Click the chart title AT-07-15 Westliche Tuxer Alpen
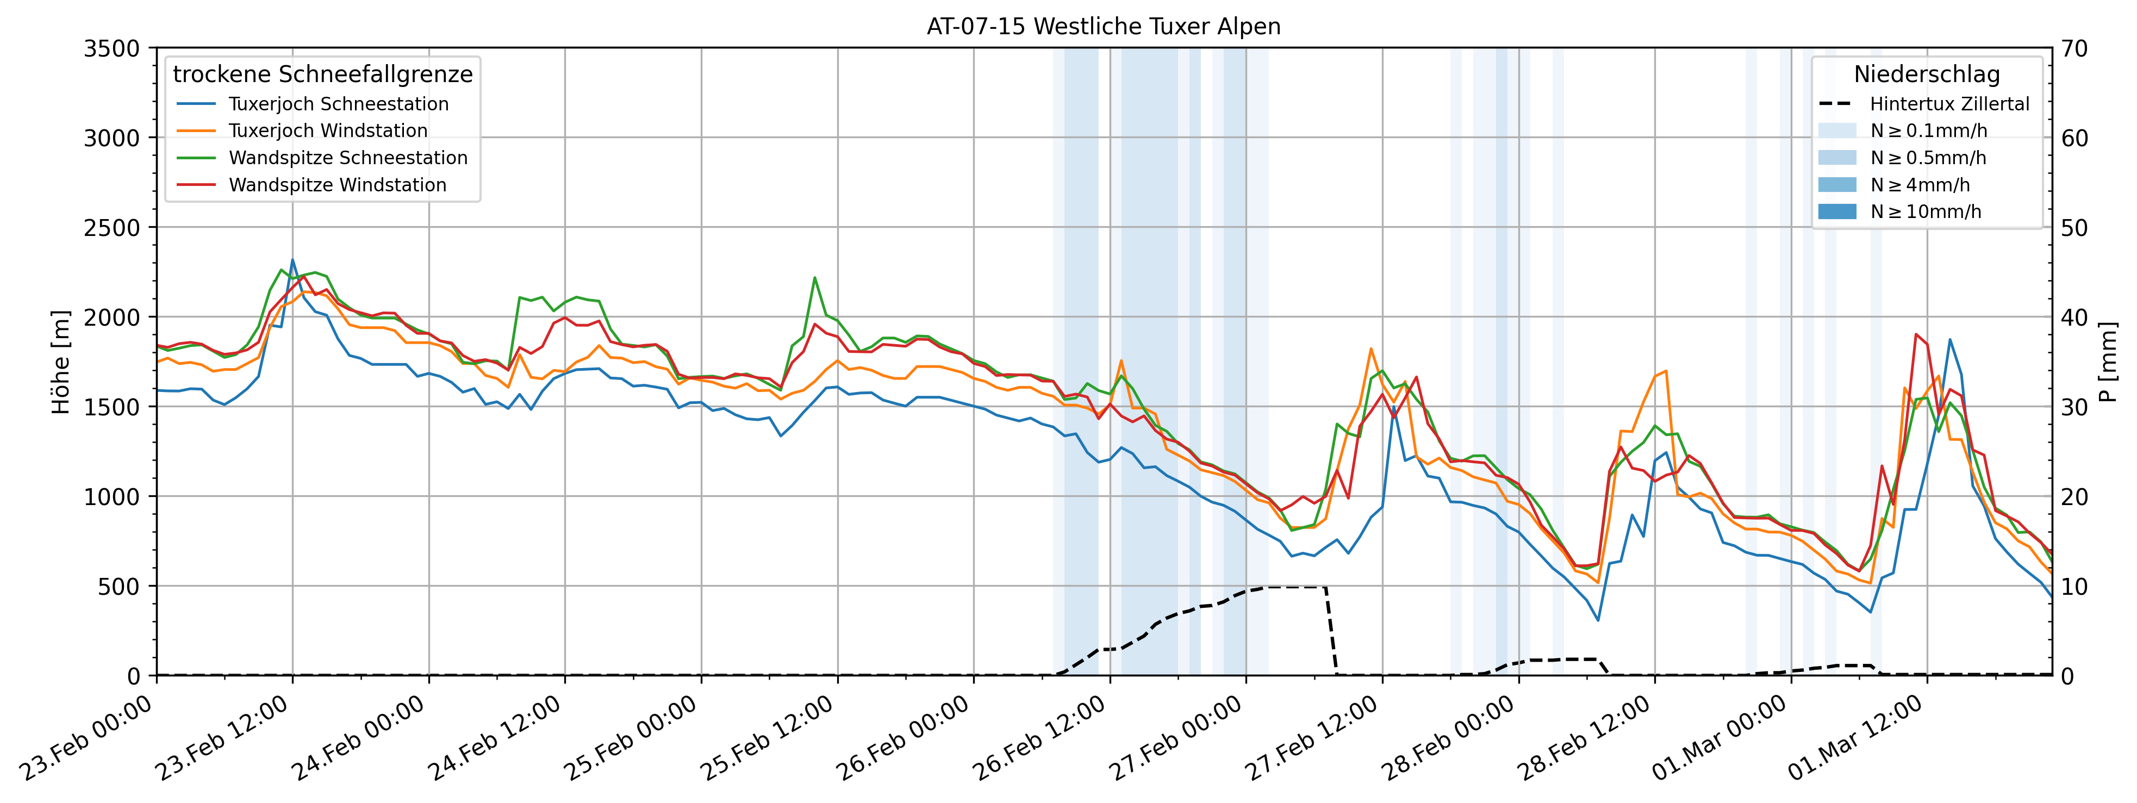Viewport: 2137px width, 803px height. pyautogui.click(x=1104, y=27)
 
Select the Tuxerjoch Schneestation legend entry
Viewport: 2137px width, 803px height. pyautogui.click(x=339, y=104)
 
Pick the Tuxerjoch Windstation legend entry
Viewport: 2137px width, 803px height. pyautogui.click(x=328, y=130)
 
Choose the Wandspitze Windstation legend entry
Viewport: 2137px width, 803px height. pyautogui.click(x=337, y=185)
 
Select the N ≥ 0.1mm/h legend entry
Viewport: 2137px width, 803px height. pyautogui.click(x=1928, y=130)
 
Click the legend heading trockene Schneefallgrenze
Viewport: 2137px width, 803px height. pyautogui.click(x=323, y=74)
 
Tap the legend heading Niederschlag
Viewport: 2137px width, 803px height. pyautogui.click(x=1926, y=74)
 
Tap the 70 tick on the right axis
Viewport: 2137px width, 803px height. pyautogui.click(x=2075, y=48)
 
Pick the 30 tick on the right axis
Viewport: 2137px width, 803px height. pyautogui.click(x=2075, y=407)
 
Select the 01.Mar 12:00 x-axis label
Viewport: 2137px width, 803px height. pyautogui.click(x=1856, y=738)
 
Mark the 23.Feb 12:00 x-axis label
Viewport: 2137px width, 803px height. pyautogui.click(x=222, y=738)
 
